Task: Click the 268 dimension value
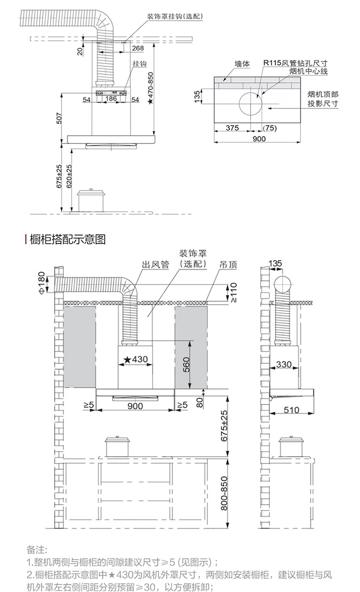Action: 138,48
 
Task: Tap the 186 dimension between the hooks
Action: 111,98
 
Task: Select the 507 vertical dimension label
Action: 59,118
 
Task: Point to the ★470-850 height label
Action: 151,88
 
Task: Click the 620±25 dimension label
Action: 69,176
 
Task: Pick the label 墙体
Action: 242,64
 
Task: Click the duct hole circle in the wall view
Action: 251,104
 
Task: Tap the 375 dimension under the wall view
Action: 232,128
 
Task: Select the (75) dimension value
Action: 270,128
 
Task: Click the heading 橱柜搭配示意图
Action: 68,239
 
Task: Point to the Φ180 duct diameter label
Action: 42,284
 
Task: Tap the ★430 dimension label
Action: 136,359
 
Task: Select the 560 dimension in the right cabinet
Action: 187,365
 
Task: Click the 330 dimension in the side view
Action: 284,365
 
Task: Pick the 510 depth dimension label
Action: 291,410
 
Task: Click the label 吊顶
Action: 228,264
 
